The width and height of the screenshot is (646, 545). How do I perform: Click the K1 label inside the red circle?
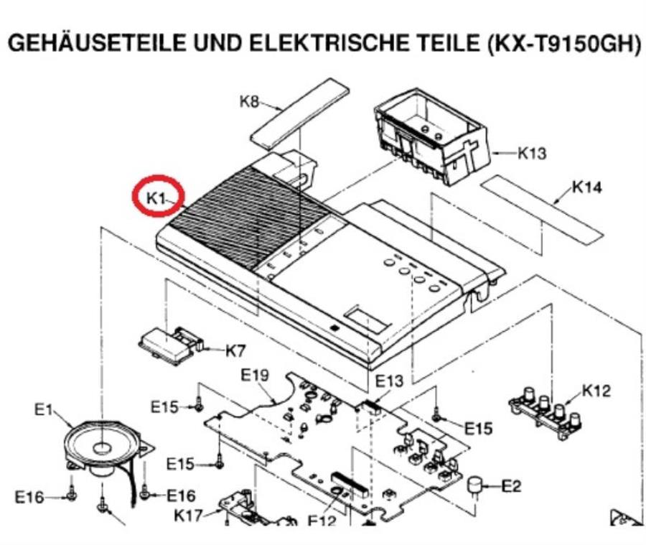[156, 198]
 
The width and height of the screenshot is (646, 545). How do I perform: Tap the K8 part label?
[249, 101]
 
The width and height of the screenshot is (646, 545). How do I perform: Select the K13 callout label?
[532, 154]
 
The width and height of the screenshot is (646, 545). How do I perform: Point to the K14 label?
[587, 187]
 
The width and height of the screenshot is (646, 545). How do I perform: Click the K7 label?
[235, 351]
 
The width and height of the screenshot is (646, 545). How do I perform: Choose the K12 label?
[596, 391]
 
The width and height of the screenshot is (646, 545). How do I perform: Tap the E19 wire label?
[255, 375]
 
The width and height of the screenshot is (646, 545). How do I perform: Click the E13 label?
[389, 381]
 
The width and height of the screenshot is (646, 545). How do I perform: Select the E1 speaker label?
[43, 410]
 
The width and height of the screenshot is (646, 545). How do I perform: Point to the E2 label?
[511, 486]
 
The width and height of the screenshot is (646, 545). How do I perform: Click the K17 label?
[188, 515]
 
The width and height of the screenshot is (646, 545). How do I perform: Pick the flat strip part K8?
[300, 115]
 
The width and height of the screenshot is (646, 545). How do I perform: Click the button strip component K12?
[547, 412]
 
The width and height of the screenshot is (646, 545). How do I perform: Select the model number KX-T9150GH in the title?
[564, 44]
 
